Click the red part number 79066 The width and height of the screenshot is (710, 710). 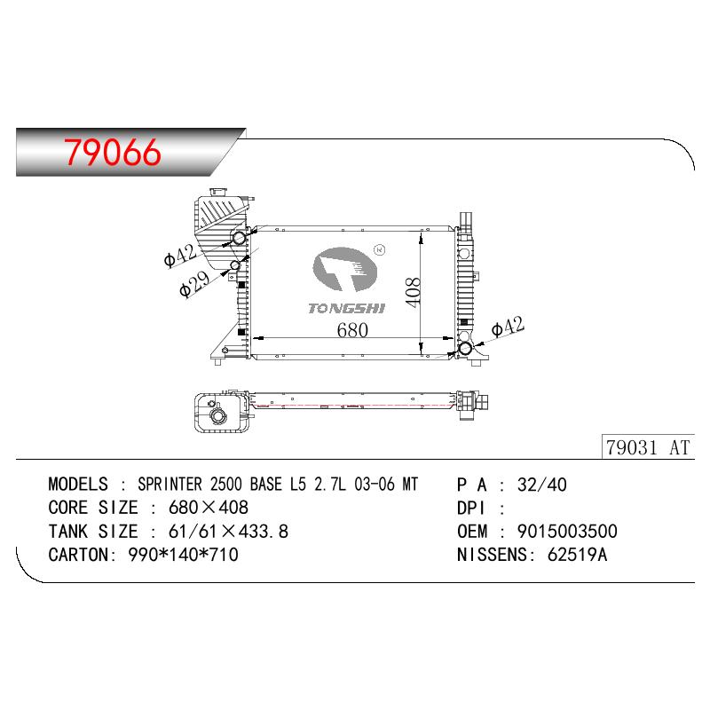[x=113, y=152]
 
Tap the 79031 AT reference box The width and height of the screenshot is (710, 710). [x=648, y=447]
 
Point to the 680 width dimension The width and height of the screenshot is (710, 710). [x=352, y=329]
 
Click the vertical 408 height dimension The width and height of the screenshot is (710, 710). [x=413, y=293]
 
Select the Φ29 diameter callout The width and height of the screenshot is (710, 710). [x=194, y=283]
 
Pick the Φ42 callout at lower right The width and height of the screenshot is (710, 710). [x=508, y=327]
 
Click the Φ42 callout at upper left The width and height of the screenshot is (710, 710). [x=180, y=256]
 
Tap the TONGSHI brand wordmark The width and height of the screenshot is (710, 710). [x=346, y=308]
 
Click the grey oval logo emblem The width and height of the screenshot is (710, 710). [x=344, y=269]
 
